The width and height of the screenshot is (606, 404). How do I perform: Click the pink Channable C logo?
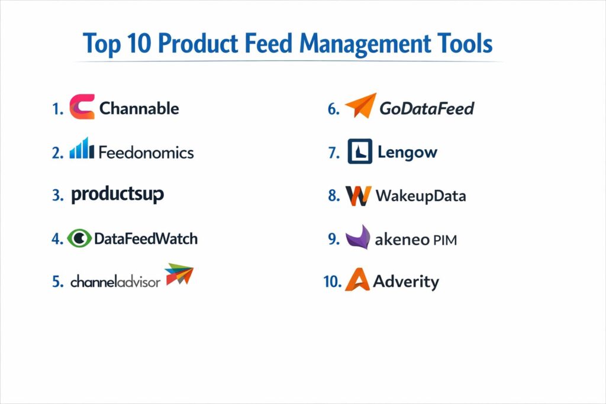[78, 106]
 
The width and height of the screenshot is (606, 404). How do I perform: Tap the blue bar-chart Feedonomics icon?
[82, 148]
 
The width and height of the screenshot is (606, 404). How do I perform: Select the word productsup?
[118, 194]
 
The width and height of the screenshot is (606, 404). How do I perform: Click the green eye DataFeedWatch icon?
[79, 238]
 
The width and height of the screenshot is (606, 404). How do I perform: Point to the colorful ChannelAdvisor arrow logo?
[179, 274]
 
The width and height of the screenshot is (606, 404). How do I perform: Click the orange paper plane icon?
[360, 105]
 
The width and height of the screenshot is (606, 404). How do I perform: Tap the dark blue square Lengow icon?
[360, 151]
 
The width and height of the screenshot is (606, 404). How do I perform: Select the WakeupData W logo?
[358, 196]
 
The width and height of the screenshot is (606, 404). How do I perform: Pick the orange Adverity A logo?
[357, 279]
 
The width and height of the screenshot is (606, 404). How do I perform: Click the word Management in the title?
[365, 44]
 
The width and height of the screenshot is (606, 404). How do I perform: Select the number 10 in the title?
[138, 43]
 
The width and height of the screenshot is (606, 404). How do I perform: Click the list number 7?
[334, 153]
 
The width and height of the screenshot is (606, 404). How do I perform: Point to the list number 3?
[57, 195]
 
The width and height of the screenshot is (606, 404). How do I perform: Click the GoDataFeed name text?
[427, 108]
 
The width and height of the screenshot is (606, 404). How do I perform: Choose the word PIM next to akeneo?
[445, 240]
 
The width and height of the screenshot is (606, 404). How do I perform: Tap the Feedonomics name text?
[146, 152]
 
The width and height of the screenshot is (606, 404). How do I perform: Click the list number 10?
[333, 282]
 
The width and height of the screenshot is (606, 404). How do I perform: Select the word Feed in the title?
[269, 43]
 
